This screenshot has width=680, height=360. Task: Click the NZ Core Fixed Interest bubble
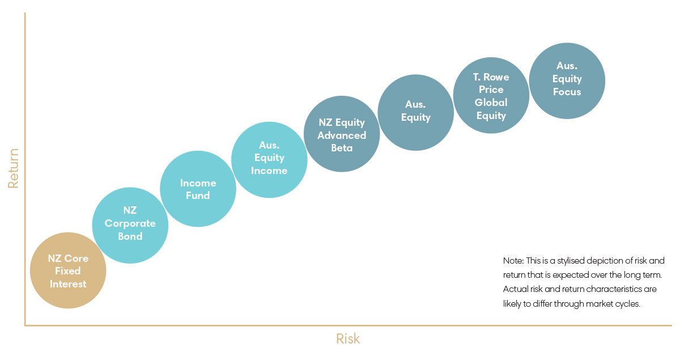(x=68, y=271)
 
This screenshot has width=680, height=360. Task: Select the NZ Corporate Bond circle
(x=130, y=225)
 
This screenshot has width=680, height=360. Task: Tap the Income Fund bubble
(x=198, y=189)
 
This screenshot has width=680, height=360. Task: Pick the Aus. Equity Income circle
(x=270, y=159)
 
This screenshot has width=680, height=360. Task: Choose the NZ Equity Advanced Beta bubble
(x=342, y=134)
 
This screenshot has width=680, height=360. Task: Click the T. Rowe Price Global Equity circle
(x=491, y=95)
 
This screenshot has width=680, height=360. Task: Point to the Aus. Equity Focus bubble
(x=567, y=80)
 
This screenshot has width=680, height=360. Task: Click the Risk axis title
(x=347, y=339)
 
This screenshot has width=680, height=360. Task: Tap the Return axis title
(x=14, y=168)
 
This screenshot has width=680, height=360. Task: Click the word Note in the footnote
(x=512, y=261)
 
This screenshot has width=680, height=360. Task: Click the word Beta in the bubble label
(x=342, y=148)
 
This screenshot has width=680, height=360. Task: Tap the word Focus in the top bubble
(x=567, y=92)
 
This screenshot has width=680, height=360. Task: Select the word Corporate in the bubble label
(x=130, y=223)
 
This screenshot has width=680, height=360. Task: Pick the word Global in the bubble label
(x=491, y=103)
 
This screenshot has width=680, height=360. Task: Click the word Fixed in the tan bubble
(x=68, y=271)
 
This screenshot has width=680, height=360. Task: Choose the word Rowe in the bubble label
(x=498, y=77)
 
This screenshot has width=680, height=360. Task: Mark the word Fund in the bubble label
(x=198, y=196)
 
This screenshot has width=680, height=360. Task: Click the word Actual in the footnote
(x=515, y=289)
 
